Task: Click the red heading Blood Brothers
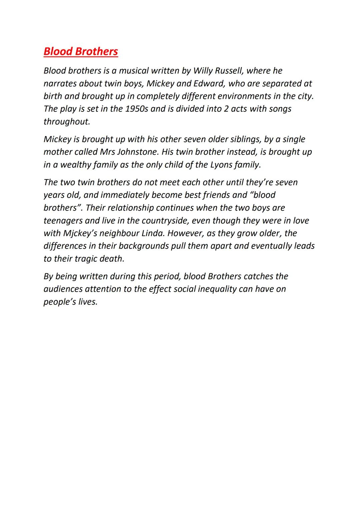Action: point(81,51)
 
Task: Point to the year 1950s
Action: point(137,109)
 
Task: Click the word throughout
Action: point(67,122)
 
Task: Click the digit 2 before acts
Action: point(226,109)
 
